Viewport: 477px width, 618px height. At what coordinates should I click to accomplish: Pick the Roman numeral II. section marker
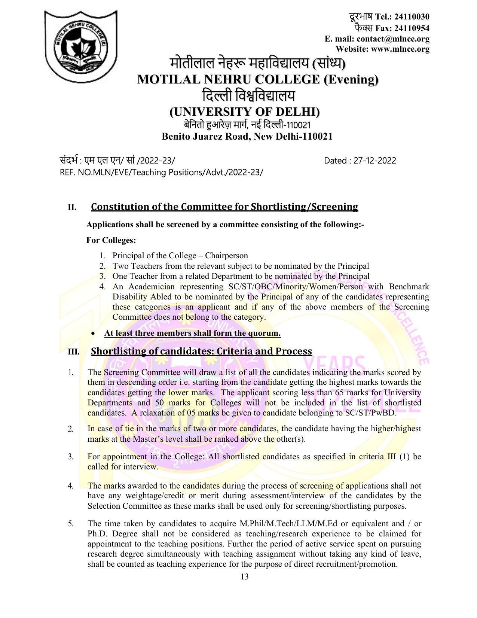click(72, 207)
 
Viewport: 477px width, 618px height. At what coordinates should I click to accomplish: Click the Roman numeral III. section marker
click(73, 352)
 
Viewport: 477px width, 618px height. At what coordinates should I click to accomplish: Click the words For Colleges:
click(111, 240)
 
